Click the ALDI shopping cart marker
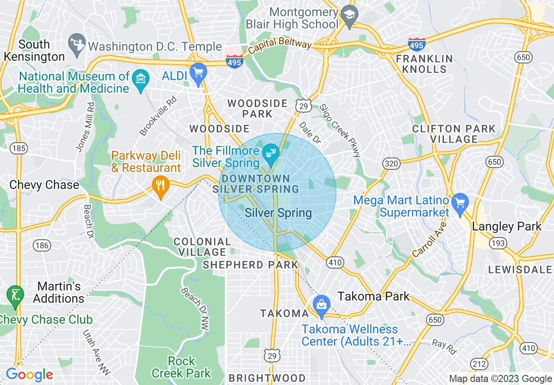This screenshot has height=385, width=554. click(199, 73)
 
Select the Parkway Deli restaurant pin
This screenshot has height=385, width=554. click(161, 185)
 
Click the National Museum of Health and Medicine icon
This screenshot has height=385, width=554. click(141, 80)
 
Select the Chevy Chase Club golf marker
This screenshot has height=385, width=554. click(15, 295)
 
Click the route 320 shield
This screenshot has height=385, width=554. click(391, 164)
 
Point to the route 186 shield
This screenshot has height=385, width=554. click(42, 245)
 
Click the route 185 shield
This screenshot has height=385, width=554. click(19, 149)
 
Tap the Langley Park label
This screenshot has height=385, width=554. click(507, 226)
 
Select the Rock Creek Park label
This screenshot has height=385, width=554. click(181, 367)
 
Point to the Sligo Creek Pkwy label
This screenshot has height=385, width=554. click(340, 130)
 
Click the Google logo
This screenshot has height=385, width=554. click(29, 374)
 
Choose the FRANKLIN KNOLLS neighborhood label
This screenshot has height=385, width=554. click(424, 64)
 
